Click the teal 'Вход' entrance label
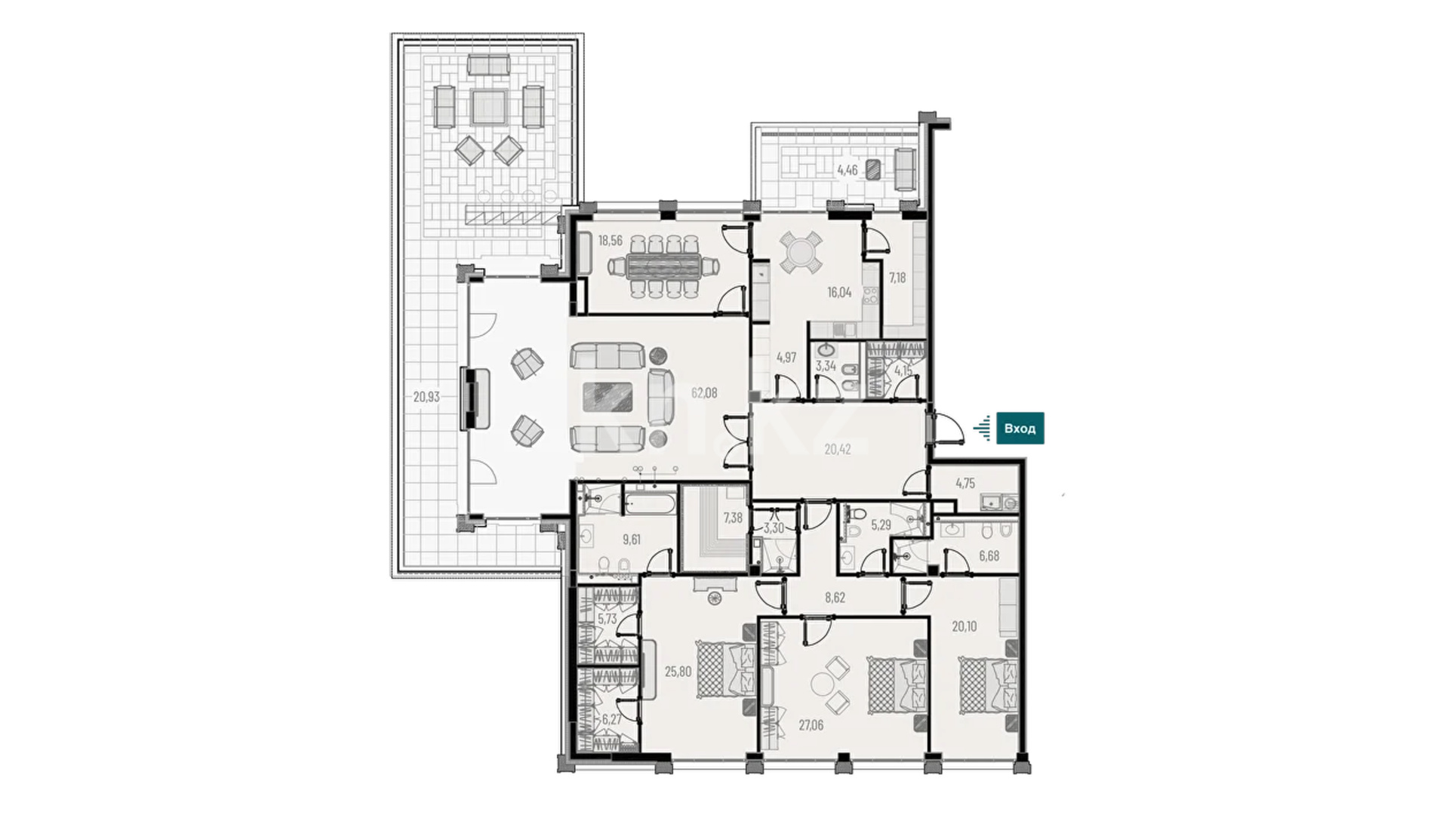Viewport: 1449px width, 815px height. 1020,429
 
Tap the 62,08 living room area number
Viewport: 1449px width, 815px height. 704,393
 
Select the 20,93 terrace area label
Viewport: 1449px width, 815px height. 426,396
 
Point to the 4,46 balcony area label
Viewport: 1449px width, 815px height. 847,171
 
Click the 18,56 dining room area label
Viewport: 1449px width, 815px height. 611,241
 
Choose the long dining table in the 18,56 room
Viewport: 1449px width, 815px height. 664,266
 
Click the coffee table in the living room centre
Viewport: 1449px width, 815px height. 608,397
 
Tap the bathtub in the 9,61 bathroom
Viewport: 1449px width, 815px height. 649,503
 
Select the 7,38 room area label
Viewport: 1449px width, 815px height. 733,518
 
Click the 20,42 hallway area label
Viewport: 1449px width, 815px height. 838,450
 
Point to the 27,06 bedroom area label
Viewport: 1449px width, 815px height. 811,726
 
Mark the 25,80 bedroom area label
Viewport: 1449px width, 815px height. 678,672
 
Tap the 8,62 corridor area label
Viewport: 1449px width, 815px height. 835,598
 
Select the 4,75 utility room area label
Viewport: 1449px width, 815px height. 965,484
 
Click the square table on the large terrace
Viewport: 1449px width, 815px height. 488,107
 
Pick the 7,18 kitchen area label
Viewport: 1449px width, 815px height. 897,278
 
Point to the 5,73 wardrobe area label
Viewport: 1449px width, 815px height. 608,619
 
